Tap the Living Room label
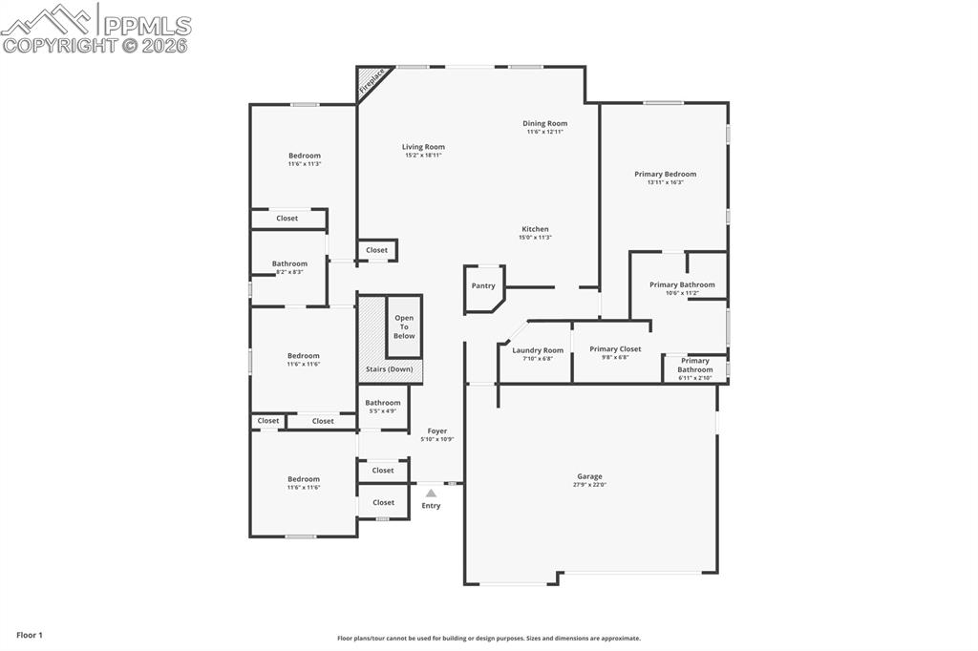(x=423, y=147)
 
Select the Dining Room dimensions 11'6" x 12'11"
(x=544, y=132)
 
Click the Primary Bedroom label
(x=665, y=174)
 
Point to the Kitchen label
(x=535, y=229)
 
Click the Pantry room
(x=483, y=285)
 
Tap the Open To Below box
(x=404, y=326)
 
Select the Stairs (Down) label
(x=390, y=369)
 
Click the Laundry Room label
(x=538, y=350)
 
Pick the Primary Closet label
(x=615, y=349)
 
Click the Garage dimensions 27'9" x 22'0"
(x=589, y=485)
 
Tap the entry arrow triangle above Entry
(x=431, y=493)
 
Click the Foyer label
(x=436, y=431)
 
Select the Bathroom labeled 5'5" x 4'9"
(x=383, y=403)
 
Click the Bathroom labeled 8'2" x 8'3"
(x=289, y=263)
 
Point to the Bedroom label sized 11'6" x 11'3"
(x=305, y=156)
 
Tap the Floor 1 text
(x=30, y=635)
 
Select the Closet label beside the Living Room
(x=377, y=250)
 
